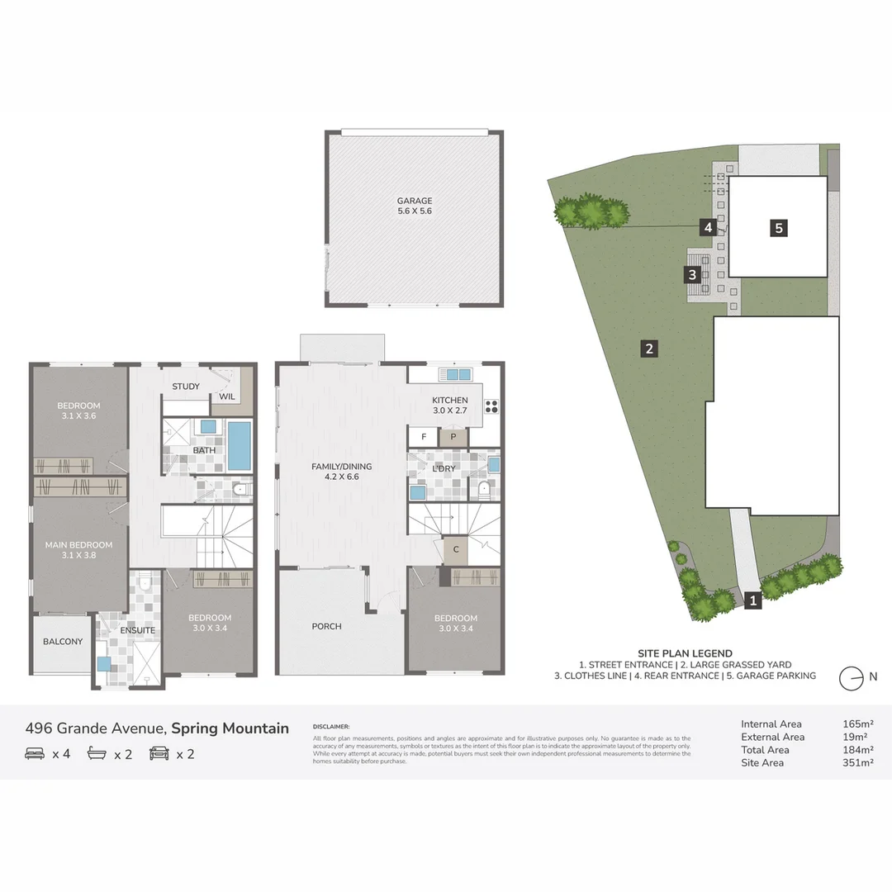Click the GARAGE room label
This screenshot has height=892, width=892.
click(x=414, y=201)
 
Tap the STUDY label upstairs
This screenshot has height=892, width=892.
click(x=186, y=387)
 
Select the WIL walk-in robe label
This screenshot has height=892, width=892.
click(x=227, y=397)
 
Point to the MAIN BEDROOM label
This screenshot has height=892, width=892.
click(x=78, y=545)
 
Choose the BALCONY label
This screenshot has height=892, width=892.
click(x=63, y=642)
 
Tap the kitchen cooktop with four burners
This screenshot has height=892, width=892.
click(x=491, y=406)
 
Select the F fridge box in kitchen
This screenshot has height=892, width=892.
click(x=424, y=437)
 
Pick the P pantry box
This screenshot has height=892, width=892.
click(x=453, y=437)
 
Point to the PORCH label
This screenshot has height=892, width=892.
click(x=326, y=626)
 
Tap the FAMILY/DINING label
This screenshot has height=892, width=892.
click(x=341, y=467)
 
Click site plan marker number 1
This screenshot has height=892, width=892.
click(x=752, y=601)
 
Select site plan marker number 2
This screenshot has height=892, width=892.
click(x=650, y=349)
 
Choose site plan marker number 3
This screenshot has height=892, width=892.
click(x=693, y=275)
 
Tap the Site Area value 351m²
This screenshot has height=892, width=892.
click(x=857, y=763)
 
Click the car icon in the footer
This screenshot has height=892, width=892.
click(x=159, y=753)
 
